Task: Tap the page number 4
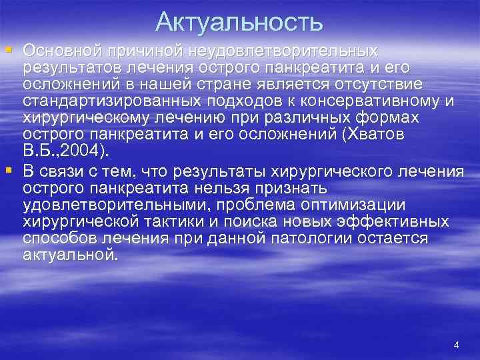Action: tap(456, 345)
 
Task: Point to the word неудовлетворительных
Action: tap(283, 51)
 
